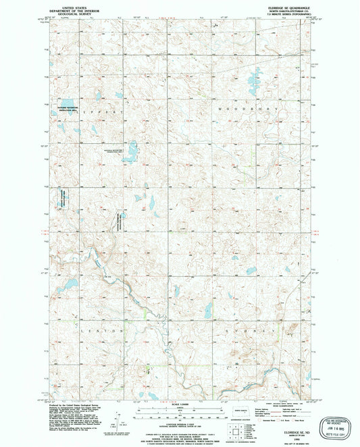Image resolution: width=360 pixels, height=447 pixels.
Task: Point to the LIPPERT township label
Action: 111,108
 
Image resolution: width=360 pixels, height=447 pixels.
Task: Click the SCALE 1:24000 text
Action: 178,404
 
